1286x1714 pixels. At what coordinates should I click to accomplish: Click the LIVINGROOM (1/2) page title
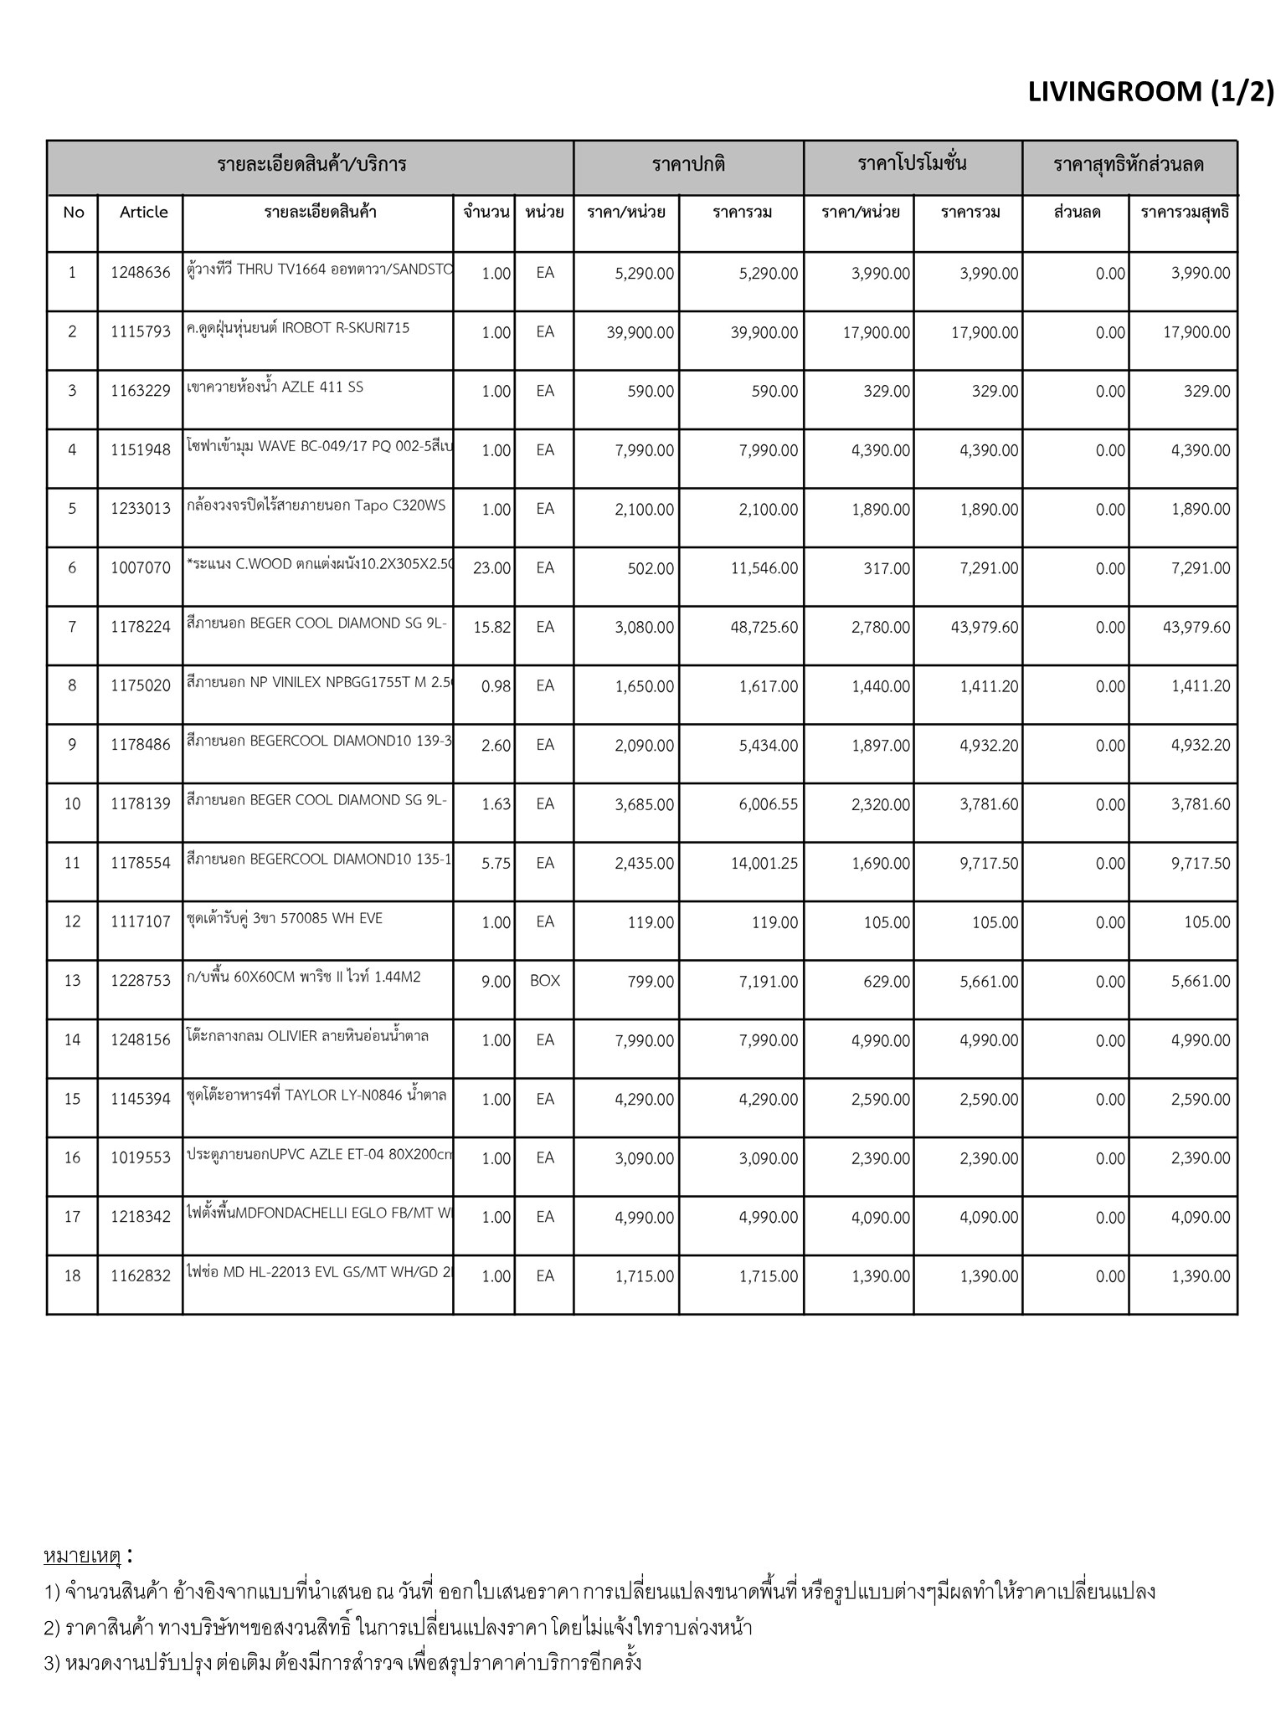tap(1150, 92)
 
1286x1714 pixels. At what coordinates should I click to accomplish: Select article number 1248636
tap(140, 273)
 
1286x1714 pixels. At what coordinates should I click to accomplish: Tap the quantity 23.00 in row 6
tap(491, 568)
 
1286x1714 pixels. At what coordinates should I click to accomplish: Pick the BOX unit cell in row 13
tap(544, 981)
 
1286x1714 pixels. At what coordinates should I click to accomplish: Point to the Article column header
tap(143, 213)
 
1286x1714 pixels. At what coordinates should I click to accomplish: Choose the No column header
tap(73, 213)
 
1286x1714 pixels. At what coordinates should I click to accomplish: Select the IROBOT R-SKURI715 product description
tap(299, 328)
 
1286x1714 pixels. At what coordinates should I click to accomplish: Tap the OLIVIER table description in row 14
tap(307, 1036)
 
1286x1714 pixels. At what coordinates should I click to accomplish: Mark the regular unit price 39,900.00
tap(640, 332)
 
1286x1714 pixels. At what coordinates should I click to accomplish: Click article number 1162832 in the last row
tap(140, 1276)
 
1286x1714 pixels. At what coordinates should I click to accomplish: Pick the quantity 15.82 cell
tap(491, 628)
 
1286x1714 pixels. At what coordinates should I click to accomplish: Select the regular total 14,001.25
tap(764, 864)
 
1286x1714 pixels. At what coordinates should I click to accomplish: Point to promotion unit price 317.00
tap(887, 568)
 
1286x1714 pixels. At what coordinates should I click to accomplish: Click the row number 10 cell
tap(73, 804)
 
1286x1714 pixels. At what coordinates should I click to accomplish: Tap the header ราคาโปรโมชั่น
tap(912, 164)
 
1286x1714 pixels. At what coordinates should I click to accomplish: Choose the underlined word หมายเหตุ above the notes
tap(82, 1556)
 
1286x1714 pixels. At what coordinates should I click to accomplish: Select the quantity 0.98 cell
tap(496, 686)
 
